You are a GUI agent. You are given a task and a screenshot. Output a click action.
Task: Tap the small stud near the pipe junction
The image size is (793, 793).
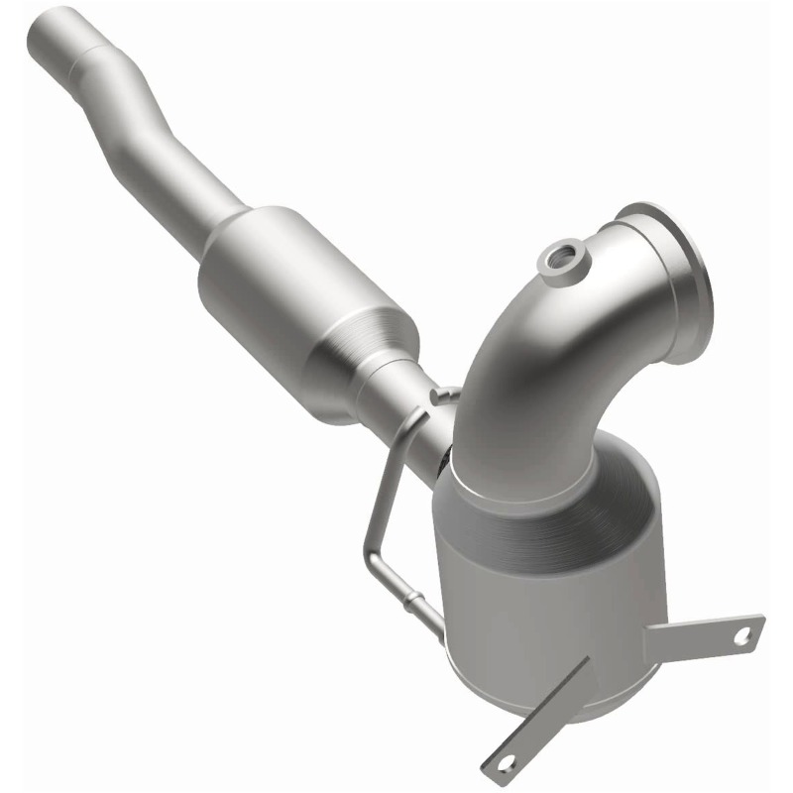click(x=436, y=396)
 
